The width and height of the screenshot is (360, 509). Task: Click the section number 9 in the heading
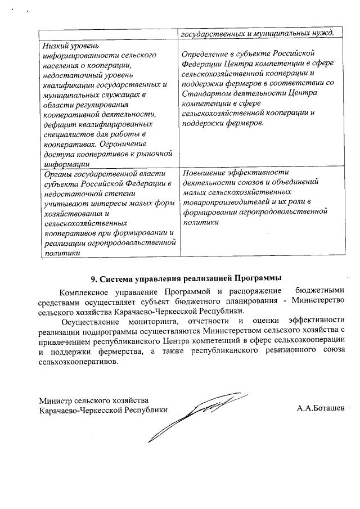pos(93,278)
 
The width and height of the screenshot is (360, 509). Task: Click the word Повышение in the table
pos(202,172)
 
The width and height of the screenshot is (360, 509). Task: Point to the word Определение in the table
pos(208,53)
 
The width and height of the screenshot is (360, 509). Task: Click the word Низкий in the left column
pos(56,44)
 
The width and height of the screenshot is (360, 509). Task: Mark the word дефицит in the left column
pos(58,124)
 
